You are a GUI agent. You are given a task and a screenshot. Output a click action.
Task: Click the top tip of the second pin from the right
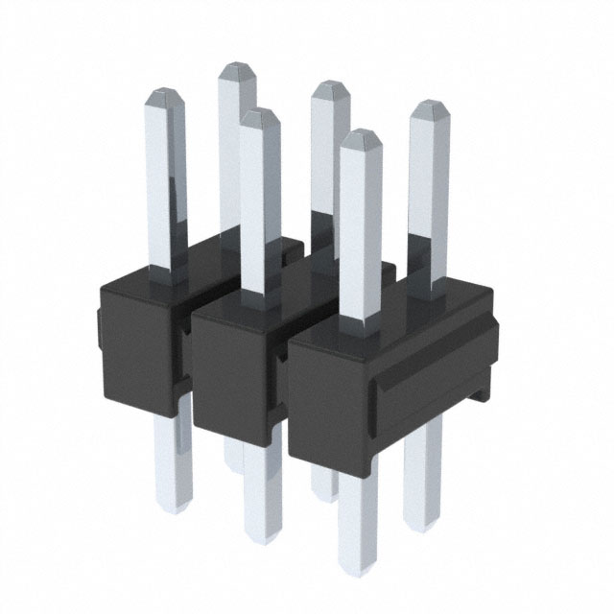coord(361,136)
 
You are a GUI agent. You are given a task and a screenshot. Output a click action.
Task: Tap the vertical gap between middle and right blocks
coord(285,384)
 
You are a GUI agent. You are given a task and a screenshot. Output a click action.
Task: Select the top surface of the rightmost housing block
coord(403,307)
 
